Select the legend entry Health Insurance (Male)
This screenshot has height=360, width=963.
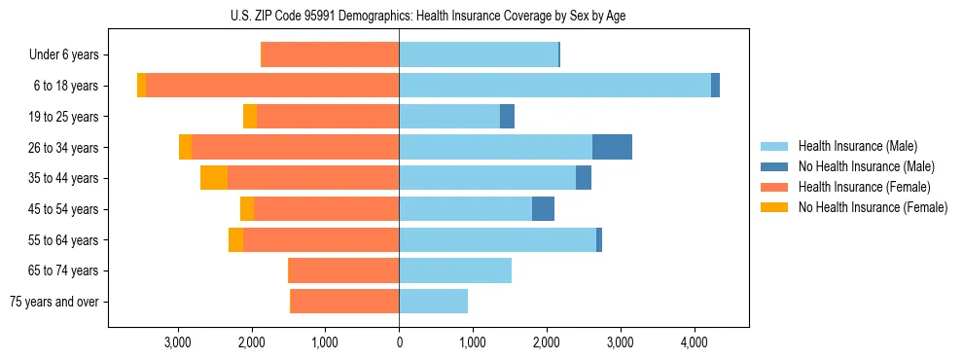(x=856, y=147)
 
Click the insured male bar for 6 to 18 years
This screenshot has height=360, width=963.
(x=554, y=86)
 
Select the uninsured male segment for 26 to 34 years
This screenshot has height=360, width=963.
(x=612, y=147)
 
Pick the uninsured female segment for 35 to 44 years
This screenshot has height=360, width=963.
(x=214, y=178)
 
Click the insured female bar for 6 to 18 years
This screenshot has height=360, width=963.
(x=272, y=86)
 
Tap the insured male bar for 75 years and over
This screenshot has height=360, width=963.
(x=433, y=302)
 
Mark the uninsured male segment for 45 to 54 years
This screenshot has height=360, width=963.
(x=543, y=209)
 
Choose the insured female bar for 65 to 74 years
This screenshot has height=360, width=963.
(x=344, y=270)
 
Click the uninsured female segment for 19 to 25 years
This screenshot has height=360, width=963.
(x=250, y=117)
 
